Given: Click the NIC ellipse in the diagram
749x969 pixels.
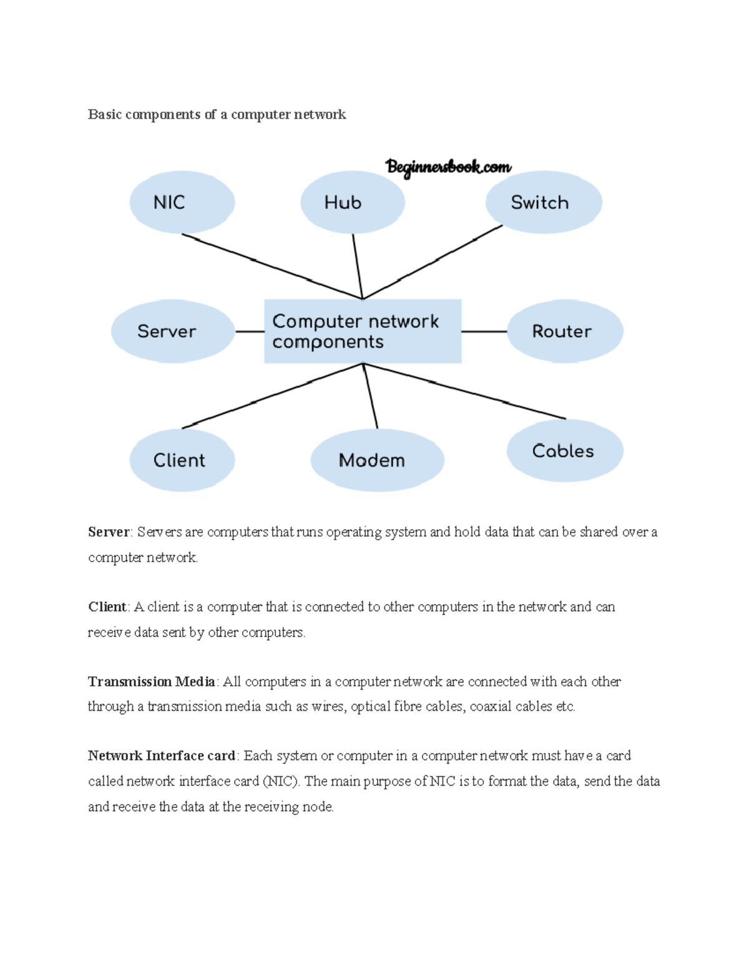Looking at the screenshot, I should pyautogui.click(x=182, y=202).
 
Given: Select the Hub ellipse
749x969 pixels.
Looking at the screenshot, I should pyautogui.click(x=353, y=202).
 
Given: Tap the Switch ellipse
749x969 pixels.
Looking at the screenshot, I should pyautogui.click(x=544, y=202).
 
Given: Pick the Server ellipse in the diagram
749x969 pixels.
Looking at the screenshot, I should pyautogui.click(x=172, y=331).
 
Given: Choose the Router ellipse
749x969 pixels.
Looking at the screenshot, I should pyautogui.click(x=565, y=331).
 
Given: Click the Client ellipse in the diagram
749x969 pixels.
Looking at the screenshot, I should pyautogui.click(x=182, y=460).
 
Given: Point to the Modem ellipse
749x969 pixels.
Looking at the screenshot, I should pyautogui.click(x=377, y=460).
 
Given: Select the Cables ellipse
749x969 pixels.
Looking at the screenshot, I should pyautogui.click(x=565, y=450).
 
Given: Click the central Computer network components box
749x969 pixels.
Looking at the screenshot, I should pyautogui.click(x=363, y=331).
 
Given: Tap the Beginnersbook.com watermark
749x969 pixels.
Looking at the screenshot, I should pyautogui.click(x=448, y=167).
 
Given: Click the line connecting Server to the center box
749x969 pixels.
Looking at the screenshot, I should pyautogui.click(x=250, y=331).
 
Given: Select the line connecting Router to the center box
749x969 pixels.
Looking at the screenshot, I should pyautogui.click(x=484, y=331).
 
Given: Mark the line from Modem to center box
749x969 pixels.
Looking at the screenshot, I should pyautogui.click(x=371, y=396).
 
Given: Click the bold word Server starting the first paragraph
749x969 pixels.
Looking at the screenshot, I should pyautogui.click(x=109, y=532).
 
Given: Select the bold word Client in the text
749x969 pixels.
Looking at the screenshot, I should pyautogui.click(x=107, y=607).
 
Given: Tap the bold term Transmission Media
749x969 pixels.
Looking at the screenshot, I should pyautogui.click(x=152, y=681).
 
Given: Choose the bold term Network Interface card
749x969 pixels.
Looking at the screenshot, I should pyautogui.click(x=161, y=756).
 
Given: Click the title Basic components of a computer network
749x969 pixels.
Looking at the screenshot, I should pyautogui.click(x=217, y=114).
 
